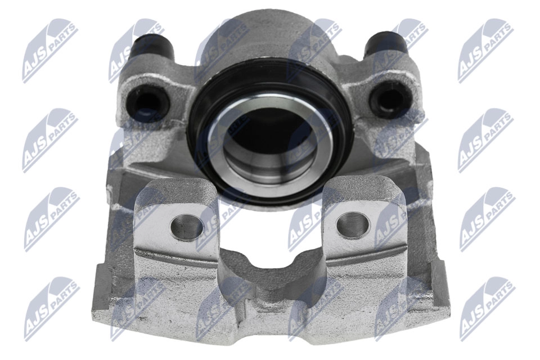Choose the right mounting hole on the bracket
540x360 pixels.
tap(353, 223)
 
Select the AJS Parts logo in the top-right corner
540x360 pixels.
tap(485, 49)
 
